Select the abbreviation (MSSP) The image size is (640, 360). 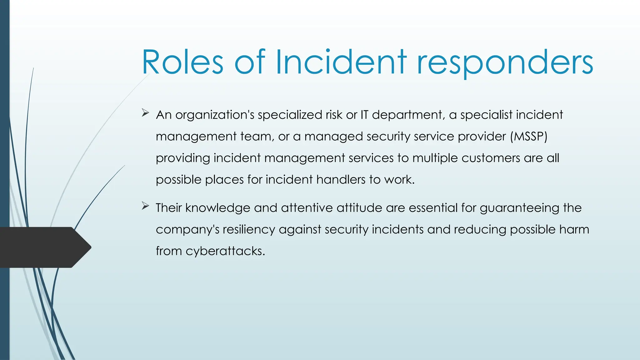pyautogui.click(x=528, y=136)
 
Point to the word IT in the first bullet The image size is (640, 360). pyautogui.click(x=364, y=115)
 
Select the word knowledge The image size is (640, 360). pyautogui.click(x=217, y=208)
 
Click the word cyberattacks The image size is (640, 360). pyautogui.click(x=225, y=251)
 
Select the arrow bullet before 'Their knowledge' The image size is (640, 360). pyautogui.click(x=145, y=206)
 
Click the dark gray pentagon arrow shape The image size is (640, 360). pyautogui.click(x=44, y=247)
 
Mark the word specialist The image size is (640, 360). pyautogui.click(x=486, y=115)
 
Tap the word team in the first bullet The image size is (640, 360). pyautogui.click(x=257, y=136)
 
